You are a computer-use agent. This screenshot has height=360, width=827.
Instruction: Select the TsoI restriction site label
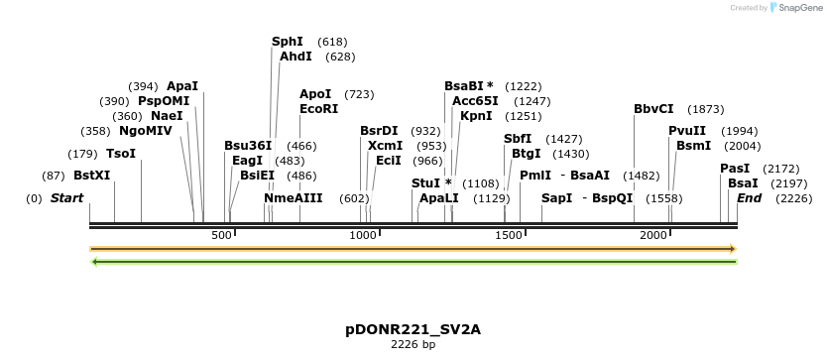[120, 154]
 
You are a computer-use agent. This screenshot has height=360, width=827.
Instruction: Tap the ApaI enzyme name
[182, 86]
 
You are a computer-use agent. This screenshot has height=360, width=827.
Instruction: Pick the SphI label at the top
[288, 42]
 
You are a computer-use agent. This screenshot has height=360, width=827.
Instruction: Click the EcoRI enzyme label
[318, 109]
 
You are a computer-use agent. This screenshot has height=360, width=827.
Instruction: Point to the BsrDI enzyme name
[379, 131]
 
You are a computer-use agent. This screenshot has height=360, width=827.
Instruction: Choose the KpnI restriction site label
[476, 116]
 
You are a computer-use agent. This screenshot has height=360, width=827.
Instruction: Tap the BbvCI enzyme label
[653, 109]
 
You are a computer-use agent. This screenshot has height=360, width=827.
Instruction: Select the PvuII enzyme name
[687, 131]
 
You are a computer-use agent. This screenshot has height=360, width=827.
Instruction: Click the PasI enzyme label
[735, 169]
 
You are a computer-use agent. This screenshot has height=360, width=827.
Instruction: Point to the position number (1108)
[481, 183]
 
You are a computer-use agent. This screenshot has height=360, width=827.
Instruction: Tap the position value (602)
[354, 198]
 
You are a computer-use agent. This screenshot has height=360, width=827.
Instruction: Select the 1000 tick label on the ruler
[364, 235]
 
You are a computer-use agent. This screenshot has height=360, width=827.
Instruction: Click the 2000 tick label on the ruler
[653, 235]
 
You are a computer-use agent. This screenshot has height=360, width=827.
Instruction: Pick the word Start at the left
[66, 198]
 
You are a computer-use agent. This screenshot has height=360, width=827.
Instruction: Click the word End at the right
[749, 198]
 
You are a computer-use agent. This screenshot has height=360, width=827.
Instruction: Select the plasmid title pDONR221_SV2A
[413, 329]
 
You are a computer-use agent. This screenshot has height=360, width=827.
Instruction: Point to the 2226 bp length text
[413, 345]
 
